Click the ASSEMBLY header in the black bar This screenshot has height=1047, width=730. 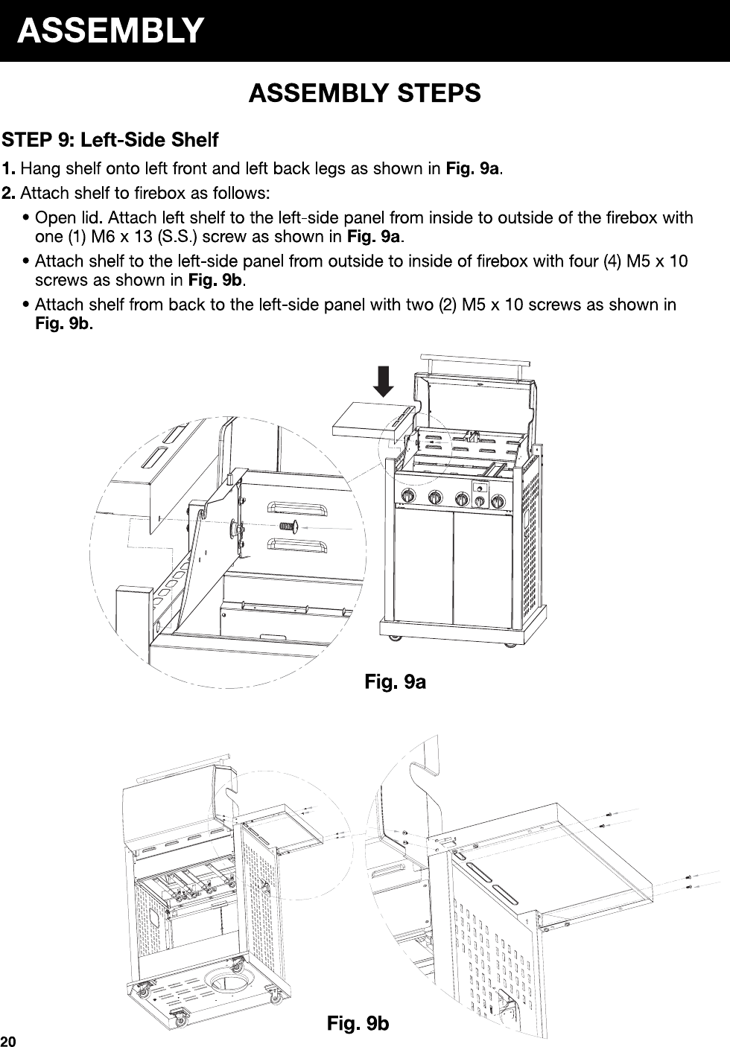[x=110, y=31]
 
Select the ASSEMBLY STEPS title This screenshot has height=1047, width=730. [x=365, y=94]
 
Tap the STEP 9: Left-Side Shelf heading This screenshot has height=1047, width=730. [x=110, y=140]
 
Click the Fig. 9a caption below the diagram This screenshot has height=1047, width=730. [x=395, y=681]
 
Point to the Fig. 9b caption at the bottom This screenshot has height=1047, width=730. [x=358, y=1024]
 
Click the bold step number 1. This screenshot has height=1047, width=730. [x=10, y=168]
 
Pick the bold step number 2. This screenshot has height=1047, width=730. [x=10, y=194]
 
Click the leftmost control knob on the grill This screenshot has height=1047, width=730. [x=408, y=497]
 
